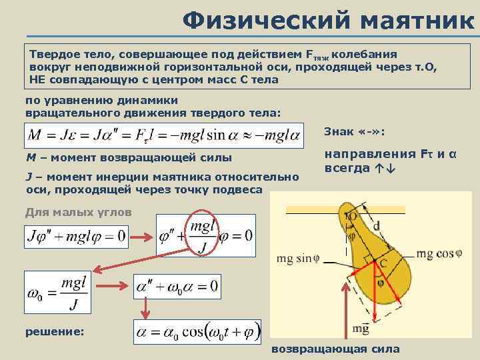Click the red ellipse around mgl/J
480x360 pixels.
click(x=206, y=236)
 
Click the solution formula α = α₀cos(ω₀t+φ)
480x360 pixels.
click(x=197, y=331)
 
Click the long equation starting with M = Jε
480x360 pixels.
click(x=167, y=136)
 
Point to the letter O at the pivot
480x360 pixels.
click(x=352, y=217)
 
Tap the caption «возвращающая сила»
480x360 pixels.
click(x=336, y=349)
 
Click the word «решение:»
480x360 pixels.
click(x=54, y=331)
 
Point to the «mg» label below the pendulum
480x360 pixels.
click(x=361, y=329)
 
